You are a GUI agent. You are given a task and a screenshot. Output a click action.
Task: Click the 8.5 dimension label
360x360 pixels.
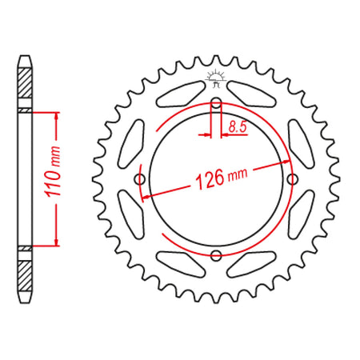point(238,126)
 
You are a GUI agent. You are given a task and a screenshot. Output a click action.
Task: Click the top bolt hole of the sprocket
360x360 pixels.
point(216,102)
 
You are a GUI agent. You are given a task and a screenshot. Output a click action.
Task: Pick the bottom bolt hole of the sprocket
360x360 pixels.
point(216,255)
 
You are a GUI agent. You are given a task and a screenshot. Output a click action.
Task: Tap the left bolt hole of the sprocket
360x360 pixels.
point(140,179)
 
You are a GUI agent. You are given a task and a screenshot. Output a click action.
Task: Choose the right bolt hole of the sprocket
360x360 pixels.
point(293,179)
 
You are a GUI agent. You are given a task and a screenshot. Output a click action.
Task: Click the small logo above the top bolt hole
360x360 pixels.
point(216,78)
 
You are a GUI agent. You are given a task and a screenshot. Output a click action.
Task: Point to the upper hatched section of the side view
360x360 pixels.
point(25,83)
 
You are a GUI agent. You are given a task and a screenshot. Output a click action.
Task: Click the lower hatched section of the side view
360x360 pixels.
point(25,276)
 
